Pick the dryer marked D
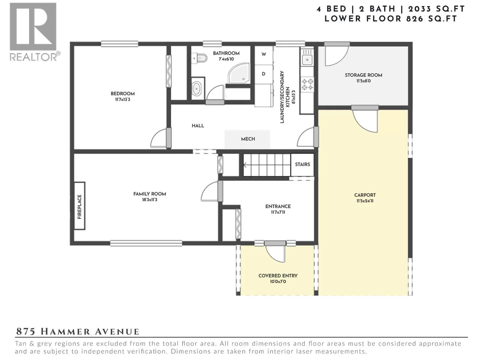[264, 74]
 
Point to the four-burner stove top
[307, 84]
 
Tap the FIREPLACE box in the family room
[79, 206]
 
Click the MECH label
[248, 139]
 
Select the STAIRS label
[302, 164]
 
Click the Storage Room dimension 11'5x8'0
[363, 81]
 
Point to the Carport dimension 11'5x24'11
[365, 201]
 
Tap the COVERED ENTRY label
[278, 276]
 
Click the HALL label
[198, 126]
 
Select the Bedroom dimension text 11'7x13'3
[123, 100]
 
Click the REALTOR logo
[34, 32]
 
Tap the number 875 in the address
[26, 331]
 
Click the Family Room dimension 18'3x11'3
[150, 200]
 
